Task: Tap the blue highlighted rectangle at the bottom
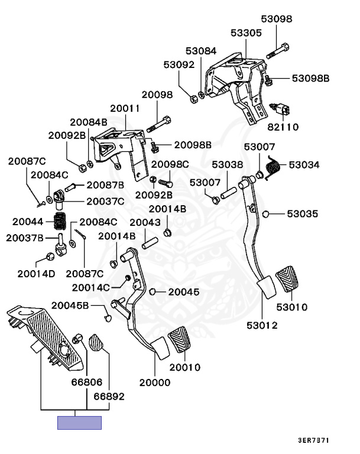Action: (x=79, y=423)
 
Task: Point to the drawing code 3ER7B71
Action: (x=313, y=441)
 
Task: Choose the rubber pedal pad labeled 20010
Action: (x=180, y=343)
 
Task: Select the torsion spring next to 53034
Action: (x=271, y=166)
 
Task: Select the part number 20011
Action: (x=125, y=109)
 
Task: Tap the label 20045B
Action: (x=70, y=306)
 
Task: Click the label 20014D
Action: (x=36, y=274)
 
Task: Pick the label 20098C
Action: (x=170, y=164)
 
